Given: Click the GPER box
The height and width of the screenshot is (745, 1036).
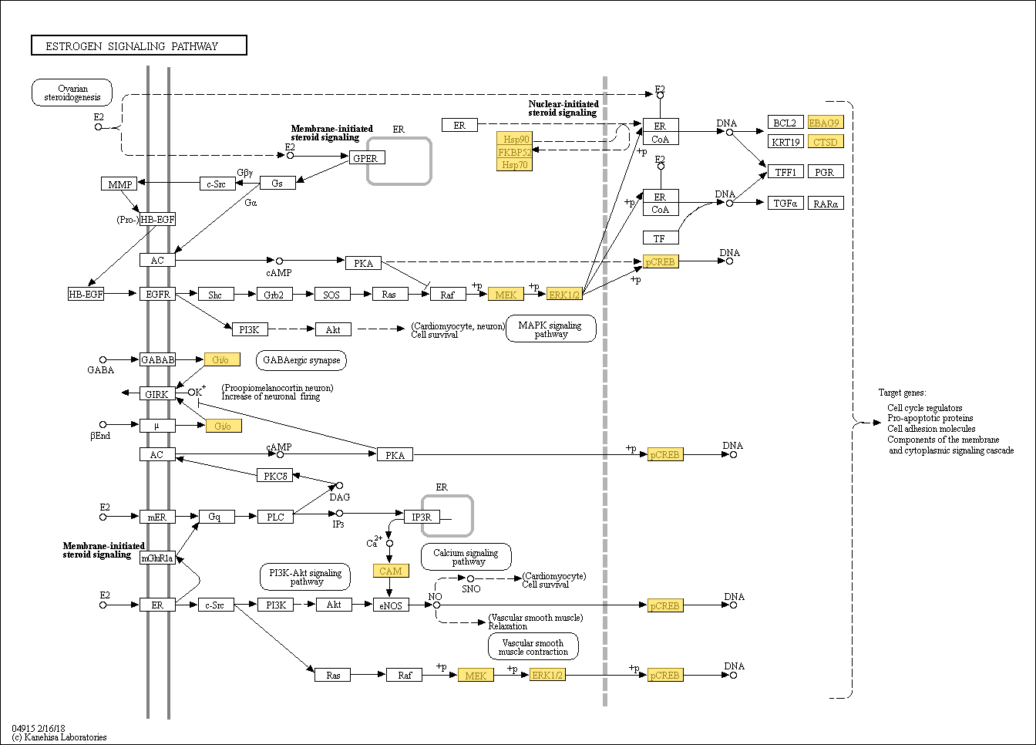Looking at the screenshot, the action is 367,158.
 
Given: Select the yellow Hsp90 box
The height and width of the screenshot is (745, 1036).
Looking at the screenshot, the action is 514,138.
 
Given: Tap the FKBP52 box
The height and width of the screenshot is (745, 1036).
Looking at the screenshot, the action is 514,152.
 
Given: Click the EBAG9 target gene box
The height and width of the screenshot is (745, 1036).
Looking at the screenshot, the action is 826,123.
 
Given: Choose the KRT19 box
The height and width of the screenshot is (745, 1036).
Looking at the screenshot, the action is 785,142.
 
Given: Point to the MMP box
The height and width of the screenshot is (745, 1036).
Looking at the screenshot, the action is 119,184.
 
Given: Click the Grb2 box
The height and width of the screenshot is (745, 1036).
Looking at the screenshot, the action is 274,295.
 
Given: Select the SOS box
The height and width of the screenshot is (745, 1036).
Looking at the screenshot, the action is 332,295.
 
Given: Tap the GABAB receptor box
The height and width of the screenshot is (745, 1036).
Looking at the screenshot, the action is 157,359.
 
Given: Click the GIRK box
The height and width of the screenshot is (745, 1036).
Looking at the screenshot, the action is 157,394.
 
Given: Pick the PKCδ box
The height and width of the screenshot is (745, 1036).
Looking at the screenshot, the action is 274,475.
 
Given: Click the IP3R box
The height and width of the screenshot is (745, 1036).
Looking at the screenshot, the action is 422,517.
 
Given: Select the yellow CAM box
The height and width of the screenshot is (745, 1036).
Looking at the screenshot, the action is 391,571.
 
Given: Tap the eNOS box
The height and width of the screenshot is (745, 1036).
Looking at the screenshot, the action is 391,605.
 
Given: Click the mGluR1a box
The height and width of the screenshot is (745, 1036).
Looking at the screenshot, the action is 157,558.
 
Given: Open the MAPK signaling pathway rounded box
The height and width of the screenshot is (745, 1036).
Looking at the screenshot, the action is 551,329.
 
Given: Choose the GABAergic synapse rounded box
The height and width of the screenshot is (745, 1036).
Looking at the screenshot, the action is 301,360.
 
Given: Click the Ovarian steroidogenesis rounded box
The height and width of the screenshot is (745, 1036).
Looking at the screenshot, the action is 72,93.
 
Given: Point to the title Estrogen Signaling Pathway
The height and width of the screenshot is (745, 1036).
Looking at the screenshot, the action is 132,46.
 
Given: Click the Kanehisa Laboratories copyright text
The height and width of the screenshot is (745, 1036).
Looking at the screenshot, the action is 59,737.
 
